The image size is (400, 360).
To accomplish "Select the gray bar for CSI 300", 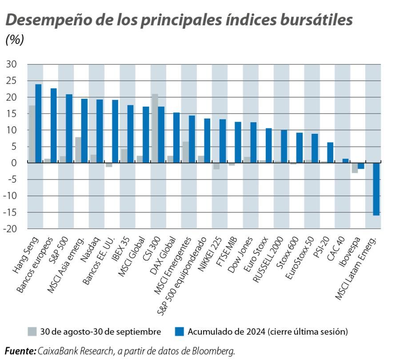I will pos(155,128).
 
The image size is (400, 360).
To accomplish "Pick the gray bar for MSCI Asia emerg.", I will pos(78,150).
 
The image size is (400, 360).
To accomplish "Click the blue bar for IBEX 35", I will pos(131,134).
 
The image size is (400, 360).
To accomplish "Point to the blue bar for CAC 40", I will pos(345,161).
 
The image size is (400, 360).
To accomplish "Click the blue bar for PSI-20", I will pos(330,152).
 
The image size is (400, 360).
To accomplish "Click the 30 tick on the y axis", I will pos(12,64).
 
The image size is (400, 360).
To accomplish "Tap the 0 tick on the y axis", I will pos(14,163).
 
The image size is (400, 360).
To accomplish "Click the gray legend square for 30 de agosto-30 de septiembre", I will pos(32,332).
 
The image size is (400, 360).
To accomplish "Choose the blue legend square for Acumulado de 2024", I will pos(179,332).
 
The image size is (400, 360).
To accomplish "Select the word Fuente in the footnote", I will pos(20,351).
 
